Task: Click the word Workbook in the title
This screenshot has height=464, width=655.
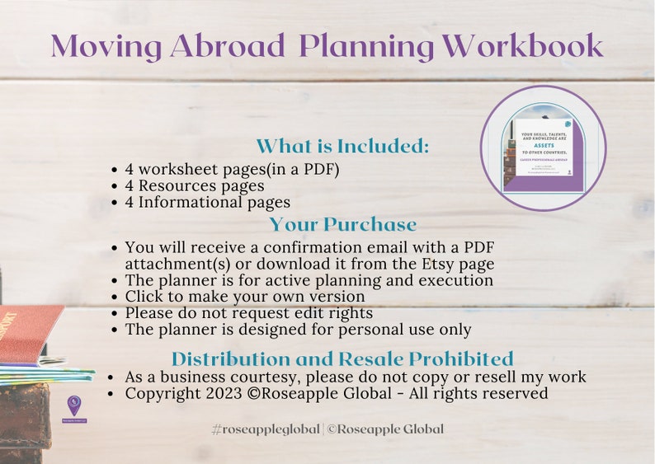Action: click(x=522, y=46)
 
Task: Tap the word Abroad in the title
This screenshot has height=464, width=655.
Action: click(x=229, y=46)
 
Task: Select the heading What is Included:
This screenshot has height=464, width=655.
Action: click(x=342, y=147)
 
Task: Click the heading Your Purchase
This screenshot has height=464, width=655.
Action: click(x=342, y=224)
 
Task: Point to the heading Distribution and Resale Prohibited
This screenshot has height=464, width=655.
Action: click(x=342, y=359)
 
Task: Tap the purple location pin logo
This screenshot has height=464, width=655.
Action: click(x=74, y=405)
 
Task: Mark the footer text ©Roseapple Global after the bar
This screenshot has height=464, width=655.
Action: click(x=385, y=429)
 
